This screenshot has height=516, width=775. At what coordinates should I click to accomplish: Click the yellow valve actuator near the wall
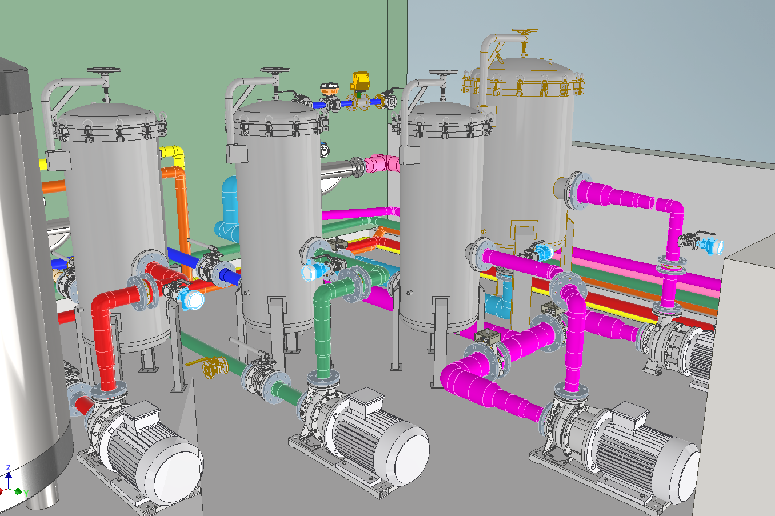tap(360, 81)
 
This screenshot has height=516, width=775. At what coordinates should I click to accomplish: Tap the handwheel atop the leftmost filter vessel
tap(103, 70)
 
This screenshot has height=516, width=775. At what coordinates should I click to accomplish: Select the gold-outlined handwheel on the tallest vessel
tap(525, 31)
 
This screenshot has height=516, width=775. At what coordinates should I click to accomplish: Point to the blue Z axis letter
tap(9, 467)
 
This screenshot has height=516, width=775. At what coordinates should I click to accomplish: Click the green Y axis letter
tap(26, 494)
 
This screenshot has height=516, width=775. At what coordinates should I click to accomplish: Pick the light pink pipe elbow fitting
tap(382, 163)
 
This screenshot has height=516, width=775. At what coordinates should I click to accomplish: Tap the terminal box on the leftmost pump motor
tap(142, 414)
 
